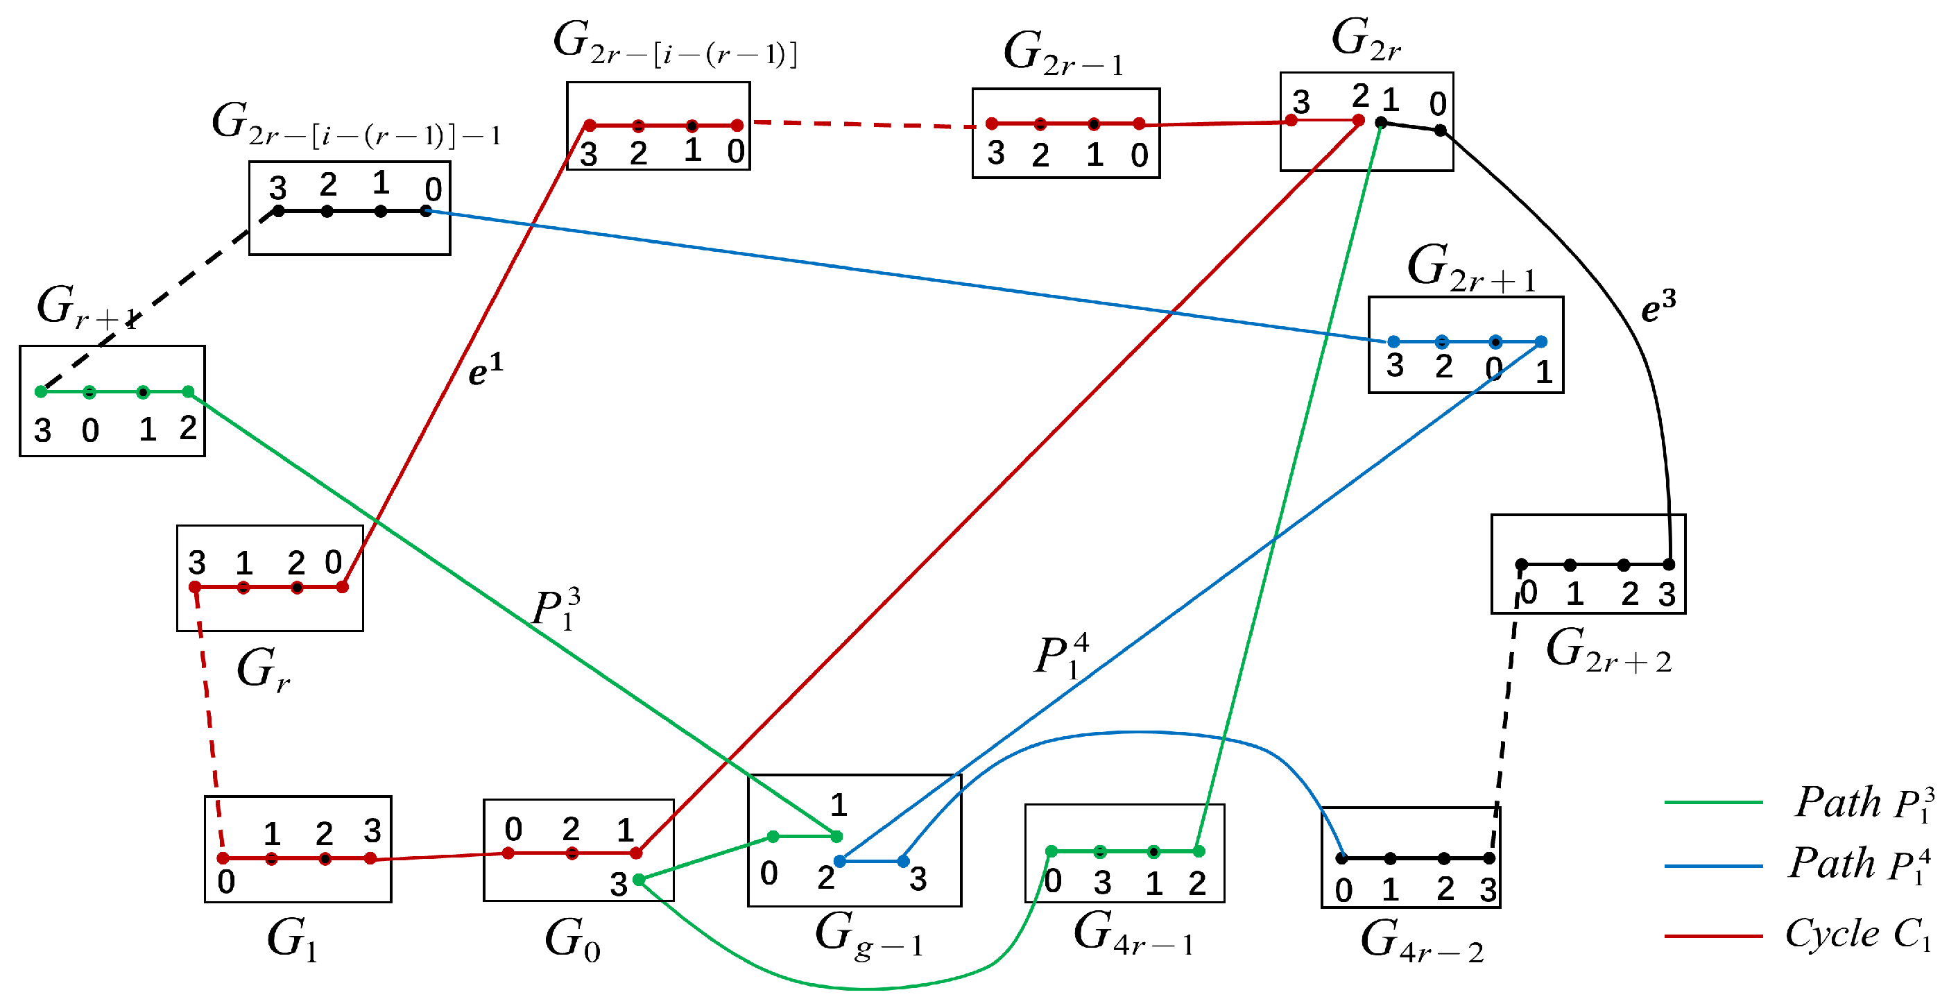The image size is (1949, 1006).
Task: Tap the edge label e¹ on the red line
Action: pyautogui.click(x=485, y=370)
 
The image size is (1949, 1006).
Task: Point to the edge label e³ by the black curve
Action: pyautogui.click(x=1658, y=306)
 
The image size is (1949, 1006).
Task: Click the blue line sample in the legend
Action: pyautogui.click(x=1713, y=865)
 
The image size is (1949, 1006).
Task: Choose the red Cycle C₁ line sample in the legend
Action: pyautogui.click(x=1713, y=936)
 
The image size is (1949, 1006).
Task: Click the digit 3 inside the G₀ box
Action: pyautogui.click(x=619, y=884)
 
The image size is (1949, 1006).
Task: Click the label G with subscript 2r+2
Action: pyautogui.click(x=1608, y=651)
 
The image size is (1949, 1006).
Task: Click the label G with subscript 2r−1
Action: pyautogui.click(x=1063, y=55)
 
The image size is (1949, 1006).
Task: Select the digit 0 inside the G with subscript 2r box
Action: pyautogui.click(x=1438, y=103)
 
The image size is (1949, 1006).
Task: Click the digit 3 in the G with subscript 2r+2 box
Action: pyautogui.click(x=1667, y=595)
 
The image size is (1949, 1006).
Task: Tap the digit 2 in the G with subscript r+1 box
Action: pyautogui.click(x=188, y=429)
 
